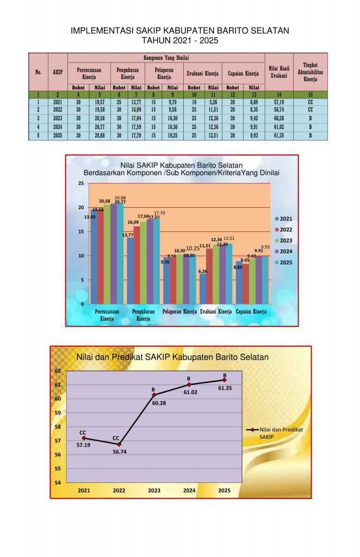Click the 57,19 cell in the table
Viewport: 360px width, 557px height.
(x=278, y=102)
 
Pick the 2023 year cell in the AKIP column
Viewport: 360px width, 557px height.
(x=58, y=118)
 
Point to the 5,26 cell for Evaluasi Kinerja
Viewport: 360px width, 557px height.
(x=213, y=102)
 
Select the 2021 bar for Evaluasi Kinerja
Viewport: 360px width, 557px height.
(x=202, y=288)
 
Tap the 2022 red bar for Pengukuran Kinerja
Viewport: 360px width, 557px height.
(x=136, y=265)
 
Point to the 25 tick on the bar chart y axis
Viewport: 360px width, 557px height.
(x=81, y=183)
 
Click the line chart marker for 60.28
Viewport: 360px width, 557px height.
(x=154, y=394)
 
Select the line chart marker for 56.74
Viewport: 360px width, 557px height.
(x=119, y=444)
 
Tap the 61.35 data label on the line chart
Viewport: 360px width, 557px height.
(x=225, y=388)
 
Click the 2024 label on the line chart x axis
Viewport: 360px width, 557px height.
(x=189, y=491)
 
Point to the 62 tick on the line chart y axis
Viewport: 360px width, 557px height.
(x=58, y=370)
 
